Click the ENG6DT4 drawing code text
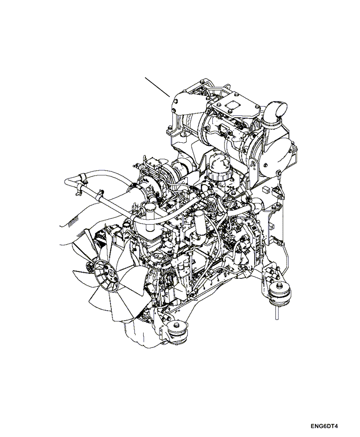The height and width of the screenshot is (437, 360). click(325, 426)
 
